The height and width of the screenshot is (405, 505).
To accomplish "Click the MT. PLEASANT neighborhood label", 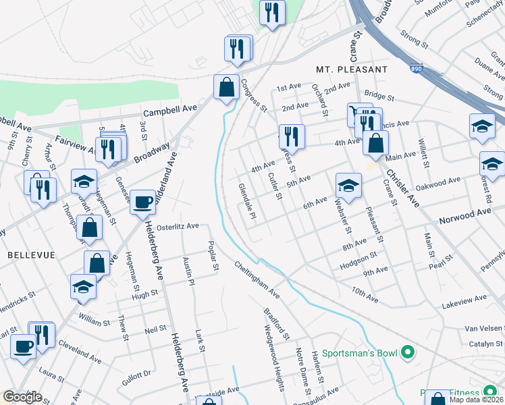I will [351, 70].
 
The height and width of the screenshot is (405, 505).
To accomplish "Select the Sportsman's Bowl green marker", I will [407, 352].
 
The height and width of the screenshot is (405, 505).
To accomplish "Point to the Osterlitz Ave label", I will [178, 226].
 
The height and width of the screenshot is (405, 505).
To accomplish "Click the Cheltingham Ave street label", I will [257, 279].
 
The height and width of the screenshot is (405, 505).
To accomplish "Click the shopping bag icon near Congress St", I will [226, 87].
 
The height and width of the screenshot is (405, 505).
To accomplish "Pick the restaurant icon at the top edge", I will [273, 12].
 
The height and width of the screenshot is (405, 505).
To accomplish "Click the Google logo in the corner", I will [22, 397].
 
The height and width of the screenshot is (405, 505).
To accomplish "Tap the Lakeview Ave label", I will [463, 298].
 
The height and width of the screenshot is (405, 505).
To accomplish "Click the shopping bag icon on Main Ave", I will [375, 143].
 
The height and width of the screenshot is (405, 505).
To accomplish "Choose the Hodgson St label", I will [358, 257].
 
